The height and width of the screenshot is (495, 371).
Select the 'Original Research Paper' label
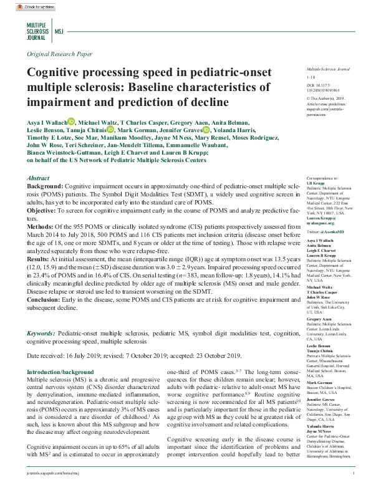click(x=59, y=55)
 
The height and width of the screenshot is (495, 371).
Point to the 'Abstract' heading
click(x=39, y=178)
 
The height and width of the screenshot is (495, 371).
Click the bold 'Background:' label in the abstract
click(x=45, y=186)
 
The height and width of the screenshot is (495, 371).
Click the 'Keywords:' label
click(x=41, y=334)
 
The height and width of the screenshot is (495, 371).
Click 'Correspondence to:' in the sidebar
click(x=322, y=178)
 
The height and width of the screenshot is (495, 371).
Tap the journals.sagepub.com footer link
click(x=54, y=492)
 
